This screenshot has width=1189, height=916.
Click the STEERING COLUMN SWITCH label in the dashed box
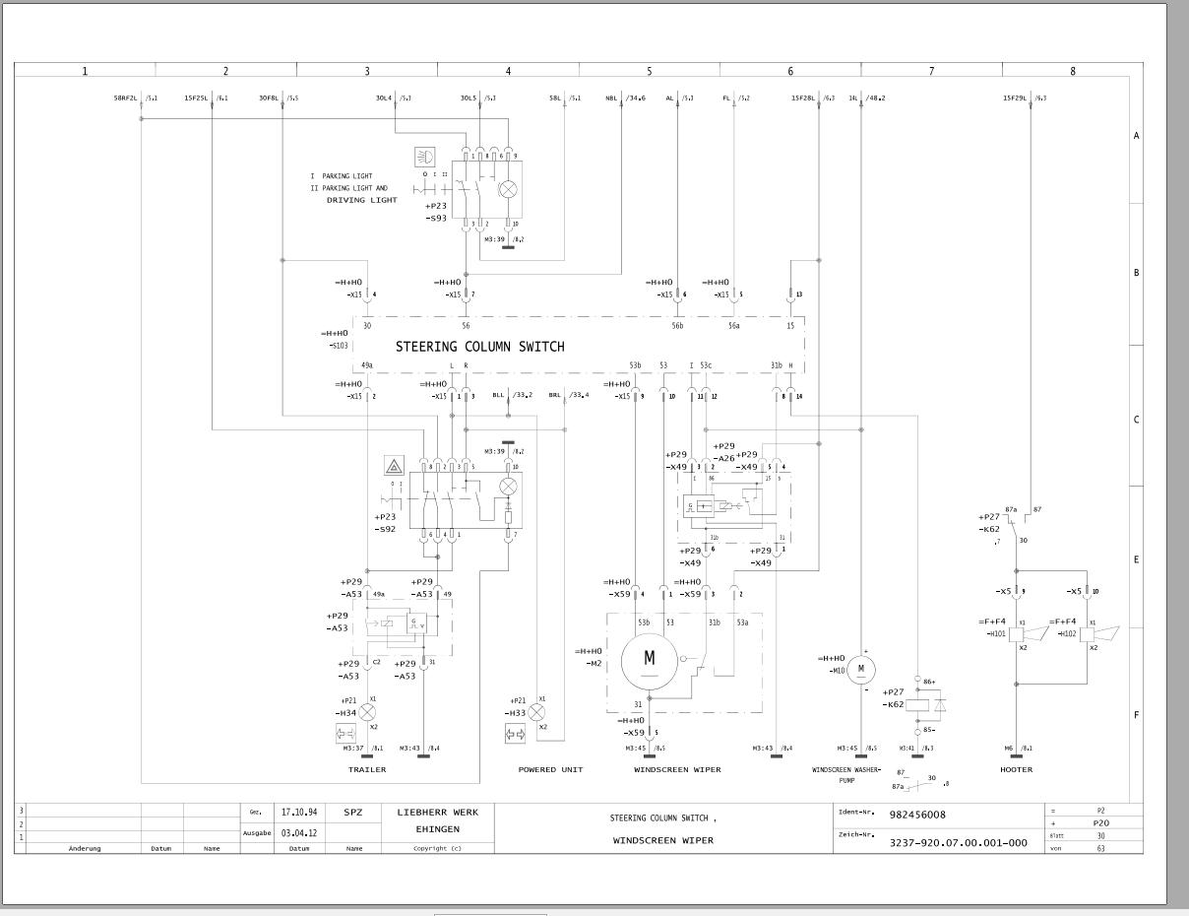pos(480,347)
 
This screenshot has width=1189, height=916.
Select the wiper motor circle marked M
pos(649,659)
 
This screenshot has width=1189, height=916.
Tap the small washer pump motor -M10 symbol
pos(861,670)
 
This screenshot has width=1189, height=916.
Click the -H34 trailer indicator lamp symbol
pos(368,711)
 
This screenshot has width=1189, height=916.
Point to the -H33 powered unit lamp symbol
pos(536,711)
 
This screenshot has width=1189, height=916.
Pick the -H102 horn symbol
pos(1089,635)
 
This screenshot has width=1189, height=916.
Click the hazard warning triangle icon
pos(394,466)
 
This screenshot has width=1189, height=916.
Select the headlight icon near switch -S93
pos(426,157)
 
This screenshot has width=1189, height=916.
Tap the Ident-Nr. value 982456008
pos(918,816)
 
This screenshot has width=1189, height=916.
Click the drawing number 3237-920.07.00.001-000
pos(958,842)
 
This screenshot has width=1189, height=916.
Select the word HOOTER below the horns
pos(1016,769)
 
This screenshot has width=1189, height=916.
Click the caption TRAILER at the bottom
pos(367,769)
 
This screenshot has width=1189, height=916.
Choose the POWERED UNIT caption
pos(550,769)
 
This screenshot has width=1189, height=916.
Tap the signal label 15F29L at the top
pos(1015,98)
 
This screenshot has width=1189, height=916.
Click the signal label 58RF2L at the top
pos(126,98)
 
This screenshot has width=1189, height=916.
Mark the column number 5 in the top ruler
pos(650,71)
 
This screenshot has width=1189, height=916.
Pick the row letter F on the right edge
pos(1136,715)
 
